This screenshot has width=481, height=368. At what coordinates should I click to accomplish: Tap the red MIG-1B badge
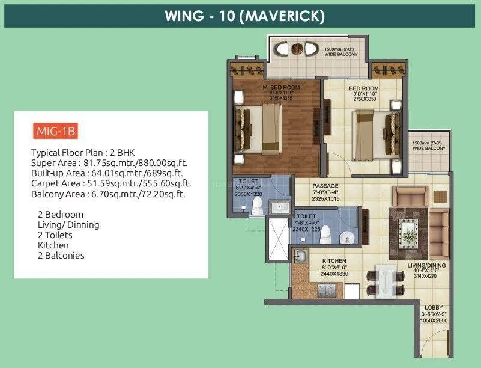coord(55,130)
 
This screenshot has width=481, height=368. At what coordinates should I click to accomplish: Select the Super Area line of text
coord(110,162)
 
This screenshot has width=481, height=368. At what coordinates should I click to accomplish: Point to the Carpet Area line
coord(111,183)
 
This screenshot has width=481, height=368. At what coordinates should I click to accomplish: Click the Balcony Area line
coord(107,194)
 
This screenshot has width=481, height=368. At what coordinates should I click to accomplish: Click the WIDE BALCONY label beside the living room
coord(429,146)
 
